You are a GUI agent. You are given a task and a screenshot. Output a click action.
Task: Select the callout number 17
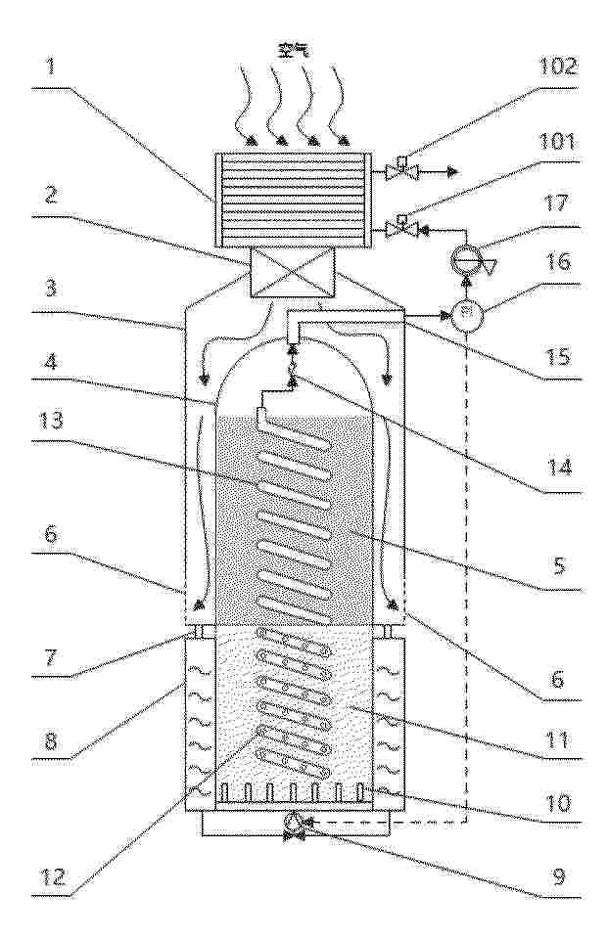tap(556, 202)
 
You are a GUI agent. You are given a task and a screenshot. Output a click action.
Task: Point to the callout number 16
tap(558, 261)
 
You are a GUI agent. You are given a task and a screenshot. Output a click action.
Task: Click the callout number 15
tap(558, 356)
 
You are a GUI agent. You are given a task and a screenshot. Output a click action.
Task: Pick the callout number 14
tap(558, 466)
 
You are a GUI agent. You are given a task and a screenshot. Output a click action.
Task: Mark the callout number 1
tap(52, 66)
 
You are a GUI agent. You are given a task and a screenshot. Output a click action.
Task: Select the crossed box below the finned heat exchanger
tap(292, 273)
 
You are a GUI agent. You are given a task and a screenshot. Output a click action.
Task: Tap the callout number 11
tap(558, 738)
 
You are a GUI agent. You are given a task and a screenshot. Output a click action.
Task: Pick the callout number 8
tap(52, 741)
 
